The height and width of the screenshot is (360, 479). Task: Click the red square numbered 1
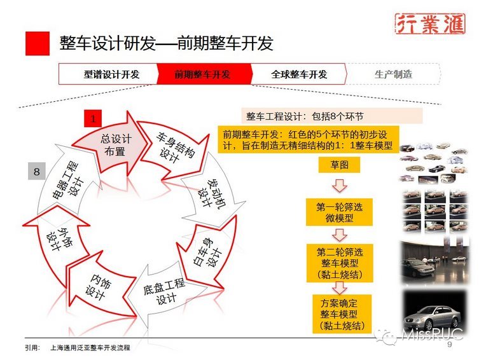click(x=93, y=118)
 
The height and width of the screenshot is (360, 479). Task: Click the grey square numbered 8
click(x=36, y=171)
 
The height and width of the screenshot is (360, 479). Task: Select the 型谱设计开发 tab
click(x=111, y=74)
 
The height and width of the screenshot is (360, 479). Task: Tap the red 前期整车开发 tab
click(x=202, y=74)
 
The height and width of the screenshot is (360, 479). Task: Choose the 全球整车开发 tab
click(x=299, y=74)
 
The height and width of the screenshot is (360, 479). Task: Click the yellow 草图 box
click(x=338, y=165)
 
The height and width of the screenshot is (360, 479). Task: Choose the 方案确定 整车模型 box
click(x=338, y=312)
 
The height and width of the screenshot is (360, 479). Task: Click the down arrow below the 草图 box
click(x=338, y=186)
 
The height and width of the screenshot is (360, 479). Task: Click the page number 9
click(x=450, y=345)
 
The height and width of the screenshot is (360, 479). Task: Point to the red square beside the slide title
click(x=38, y=43)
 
